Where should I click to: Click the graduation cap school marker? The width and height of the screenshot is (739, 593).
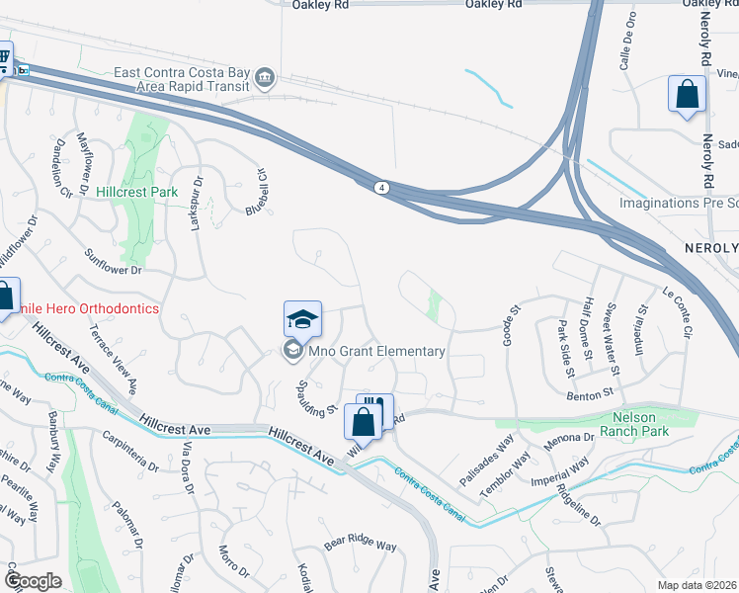302,319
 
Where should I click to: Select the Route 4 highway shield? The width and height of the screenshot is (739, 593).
380,186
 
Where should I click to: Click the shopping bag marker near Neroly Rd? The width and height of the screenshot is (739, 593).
687,95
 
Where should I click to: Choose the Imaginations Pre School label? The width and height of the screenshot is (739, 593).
678,203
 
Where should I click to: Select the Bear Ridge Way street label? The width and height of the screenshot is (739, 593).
360,545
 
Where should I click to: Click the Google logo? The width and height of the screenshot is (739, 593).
33,580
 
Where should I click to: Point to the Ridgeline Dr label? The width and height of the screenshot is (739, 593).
578,504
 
